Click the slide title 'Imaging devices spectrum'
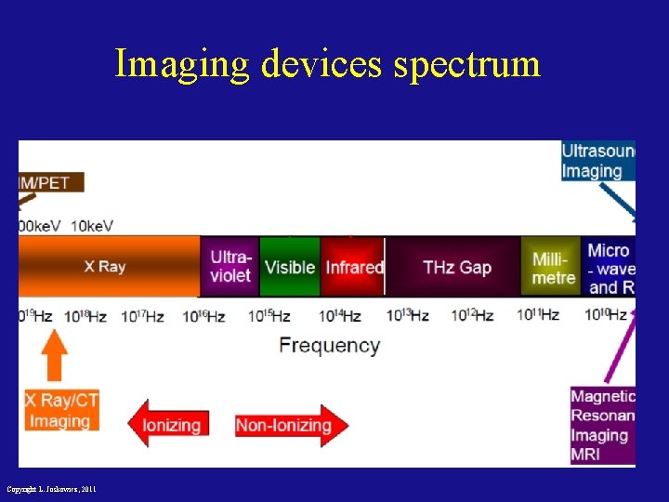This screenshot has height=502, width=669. pos(327,64)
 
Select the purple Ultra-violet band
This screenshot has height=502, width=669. pos(230,266)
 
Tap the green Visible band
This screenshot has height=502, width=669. pos(290,267)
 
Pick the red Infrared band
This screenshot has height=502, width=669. pos(353,267)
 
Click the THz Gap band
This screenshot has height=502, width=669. pos(455,267)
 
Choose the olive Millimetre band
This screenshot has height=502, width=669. pos(553,267)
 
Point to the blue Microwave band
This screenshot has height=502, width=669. pos(610,268)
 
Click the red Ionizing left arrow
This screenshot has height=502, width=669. pos(169,425)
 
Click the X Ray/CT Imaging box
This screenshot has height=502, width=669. pos(60,410)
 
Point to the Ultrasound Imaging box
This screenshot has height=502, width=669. pos(597,161)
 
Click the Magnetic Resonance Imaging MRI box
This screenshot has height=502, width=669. pos(603,425)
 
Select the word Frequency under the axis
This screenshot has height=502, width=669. pos(330,346)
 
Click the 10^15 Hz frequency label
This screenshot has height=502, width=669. pos(269,316)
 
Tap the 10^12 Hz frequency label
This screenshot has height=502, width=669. pos(472,316)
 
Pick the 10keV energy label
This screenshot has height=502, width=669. pos(92,226)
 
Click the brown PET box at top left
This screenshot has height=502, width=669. pos(50,182)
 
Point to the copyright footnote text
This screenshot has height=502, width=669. pos(50,489)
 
